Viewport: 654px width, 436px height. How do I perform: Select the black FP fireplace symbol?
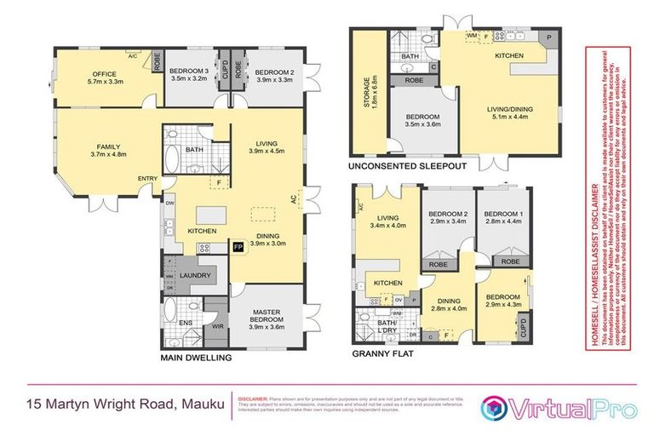[238, 247]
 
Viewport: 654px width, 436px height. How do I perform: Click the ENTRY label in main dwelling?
[146, 178]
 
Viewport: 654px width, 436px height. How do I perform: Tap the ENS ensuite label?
[174, 324]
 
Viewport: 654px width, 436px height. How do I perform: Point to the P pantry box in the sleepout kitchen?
[549, 37]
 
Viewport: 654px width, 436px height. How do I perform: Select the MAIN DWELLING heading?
[197, 359]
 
